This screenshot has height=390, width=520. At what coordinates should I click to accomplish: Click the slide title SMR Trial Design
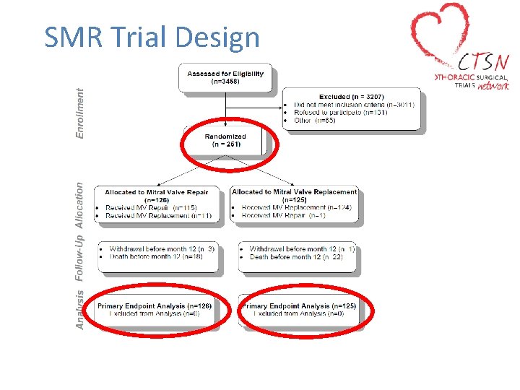(x=152, y=37)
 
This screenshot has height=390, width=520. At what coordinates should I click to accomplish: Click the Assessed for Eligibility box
(x=225, y=77)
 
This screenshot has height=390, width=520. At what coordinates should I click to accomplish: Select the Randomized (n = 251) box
(x=225, y=140)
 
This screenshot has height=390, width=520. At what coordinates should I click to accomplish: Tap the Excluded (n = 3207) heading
(x=352, y=97)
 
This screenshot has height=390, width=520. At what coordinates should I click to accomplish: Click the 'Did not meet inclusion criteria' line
(x=354, y=105)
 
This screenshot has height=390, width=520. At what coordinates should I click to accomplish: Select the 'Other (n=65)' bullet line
(x=315, y=121)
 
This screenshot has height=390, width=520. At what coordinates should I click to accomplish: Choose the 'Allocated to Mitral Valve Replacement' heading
(x=295, y=192)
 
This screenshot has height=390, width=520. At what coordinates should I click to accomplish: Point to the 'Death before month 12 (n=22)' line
(x=296, y=256)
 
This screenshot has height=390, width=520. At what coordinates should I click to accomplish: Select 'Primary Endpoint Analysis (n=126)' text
(x=155, y=306)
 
